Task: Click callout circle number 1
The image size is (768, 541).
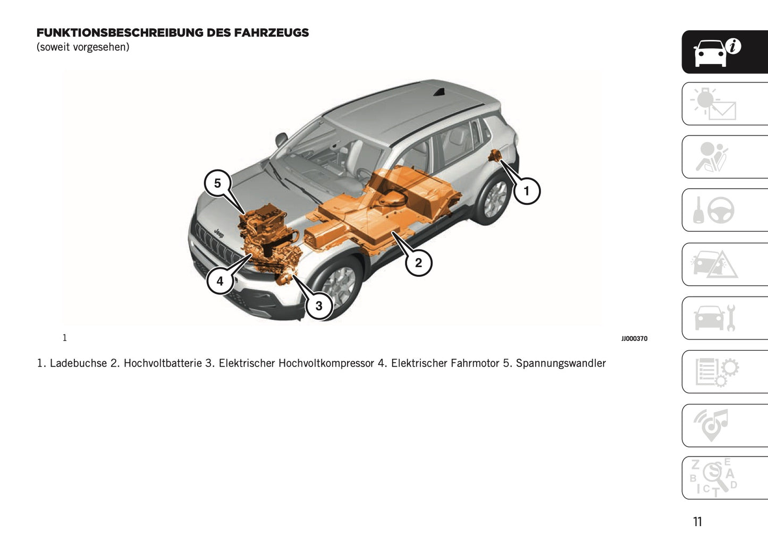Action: (x=527, y=191)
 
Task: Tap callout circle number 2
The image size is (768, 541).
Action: (x=418, y=263)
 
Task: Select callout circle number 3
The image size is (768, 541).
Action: (x=319, y=306)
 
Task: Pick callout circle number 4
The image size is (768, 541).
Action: (x=220, y=281)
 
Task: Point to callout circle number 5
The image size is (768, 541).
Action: (x=217, y=183)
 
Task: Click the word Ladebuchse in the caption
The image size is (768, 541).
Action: (x=78, y=364)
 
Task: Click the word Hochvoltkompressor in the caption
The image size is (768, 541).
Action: (x=326, y=364)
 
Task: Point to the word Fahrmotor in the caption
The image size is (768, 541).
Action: (x=475, y=364)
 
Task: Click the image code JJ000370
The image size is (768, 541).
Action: (x=634, y=339)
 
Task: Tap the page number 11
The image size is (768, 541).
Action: (x=697, y=522)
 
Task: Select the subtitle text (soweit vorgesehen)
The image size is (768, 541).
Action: (x=83, y=47)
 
